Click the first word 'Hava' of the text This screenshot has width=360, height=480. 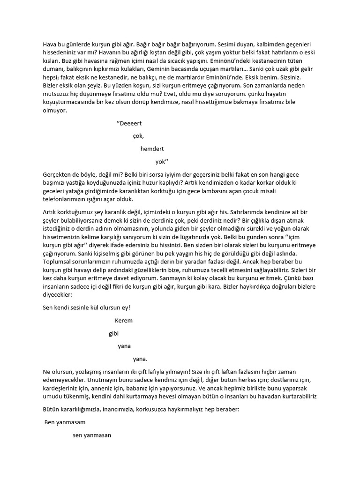pyautogui.click(x=50, y=44)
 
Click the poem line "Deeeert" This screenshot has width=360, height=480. pyautogui.click(x=129, y=123)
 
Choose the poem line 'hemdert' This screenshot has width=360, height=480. pyautogui.click(x=152, y=149)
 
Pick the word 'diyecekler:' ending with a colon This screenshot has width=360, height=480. pyautogui.click(x=57, y=296)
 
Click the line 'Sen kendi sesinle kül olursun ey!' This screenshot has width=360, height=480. pyautogui.click(x=86, y=308)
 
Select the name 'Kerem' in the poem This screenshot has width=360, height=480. pyautogui.click(x=124, y=321)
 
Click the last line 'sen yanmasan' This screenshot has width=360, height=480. pyautogui.click(x=92, y=435)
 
